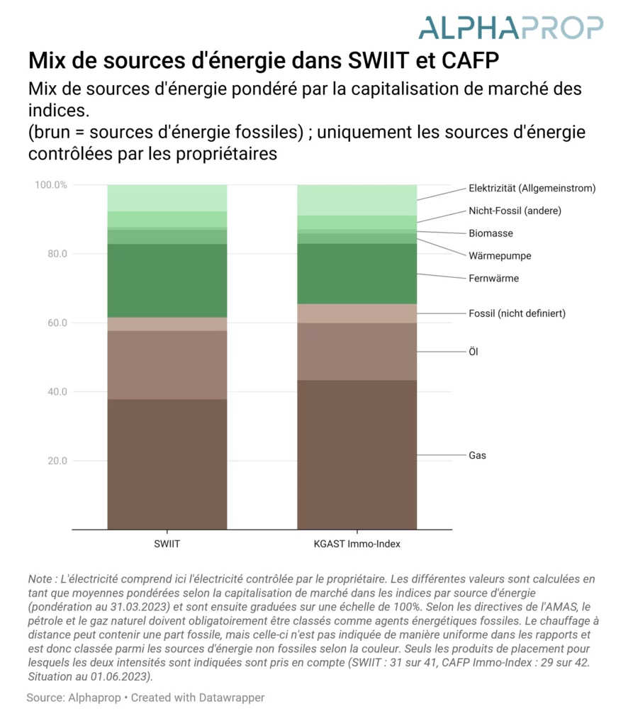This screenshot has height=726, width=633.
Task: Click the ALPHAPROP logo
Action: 511,28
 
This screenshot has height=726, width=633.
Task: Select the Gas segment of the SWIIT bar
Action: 167,464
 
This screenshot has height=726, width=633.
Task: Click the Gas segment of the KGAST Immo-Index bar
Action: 357,454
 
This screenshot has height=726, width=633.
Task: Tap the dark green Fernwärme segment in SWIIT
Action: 167,281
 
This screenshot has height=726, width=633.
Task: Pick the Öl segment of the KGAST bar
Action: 357,352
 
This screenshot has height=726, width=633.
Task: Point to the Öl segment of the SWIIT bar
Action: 167,365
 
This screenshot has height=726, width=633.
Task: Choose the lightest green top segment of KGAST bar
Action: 357,200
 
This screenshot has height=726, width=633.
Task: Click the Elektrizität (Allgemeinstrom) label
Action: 532,189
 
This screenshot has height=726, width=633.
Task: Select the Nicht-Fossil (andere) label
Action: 515,211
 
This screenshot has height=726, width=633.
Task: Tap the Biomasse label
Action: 491,233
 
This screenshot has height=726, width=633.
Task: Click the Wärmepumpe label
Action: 500,256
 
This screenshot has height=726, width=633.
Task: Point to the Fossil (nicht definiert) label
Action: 517,313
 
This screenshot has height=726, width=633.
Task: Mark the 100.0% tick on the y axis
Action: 51,185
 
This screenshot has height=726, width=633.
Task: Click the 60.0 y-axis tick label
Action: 57,323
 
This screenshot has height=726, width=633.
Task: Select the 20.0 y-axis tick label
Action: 57,461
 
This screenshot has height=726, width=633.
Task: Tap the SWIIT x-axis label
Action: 167,544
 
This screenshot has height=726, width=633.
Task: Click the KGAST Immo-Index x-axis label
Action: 357,544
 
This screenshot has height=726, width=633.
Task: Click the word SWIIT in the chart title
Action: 379,61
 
